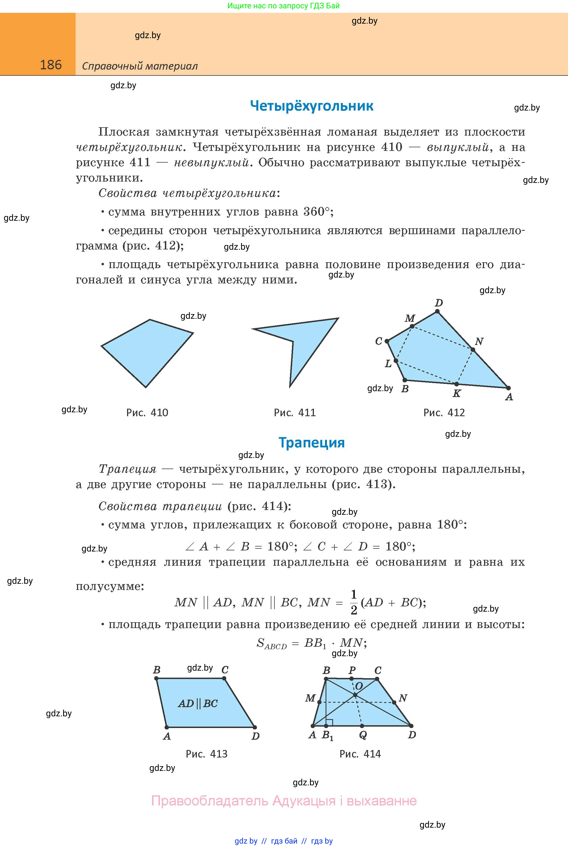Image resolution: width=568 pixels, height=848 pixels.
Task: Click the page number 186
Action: [x=51, y=65]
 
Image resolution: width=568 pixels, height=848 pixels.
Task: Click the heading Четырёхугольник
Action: [x=312, y=106]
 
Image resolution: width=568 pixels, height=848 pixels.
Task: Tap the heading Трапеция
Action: [x=312, y=443]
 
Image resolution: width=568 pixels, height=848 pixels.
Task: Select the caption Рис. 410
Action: [x=147, y=413]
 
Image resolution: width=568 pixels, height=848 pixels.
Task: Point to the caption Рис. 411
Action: [x=294, y=413]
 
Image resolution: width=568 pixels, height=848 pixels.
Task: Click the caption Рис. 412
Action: [x=444, y=413]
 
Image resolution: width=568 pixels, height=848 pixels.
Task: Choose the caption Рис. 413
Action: [x=207, y=754]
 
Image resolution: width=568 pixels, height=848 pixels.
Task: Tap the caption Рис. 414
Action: [x=360, y=754]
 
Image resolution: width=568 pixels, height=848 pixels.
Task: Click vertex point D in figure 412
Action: [x=438, y=312]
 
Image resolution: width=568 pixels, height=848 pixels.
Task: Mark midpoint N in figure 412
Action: [x=473, y=350]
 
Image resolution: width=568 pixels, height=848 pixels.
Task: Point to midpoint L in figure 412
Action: [x=396, y=361]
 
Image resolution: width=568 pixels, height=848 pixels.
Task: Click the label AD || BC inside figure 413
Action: [x=198, y=704]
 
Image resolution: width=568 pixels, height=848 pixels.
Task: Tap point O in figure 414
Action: [x=355, y=695]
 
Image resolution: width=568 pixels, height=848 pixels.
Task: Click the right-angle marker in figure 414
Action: [x=329, y=722]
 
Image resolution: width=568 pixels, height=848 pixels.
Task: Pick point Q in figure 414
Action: [x=362, y=726]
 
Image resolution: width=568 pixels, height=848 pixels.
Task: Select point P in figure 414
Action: [x=351, y=678]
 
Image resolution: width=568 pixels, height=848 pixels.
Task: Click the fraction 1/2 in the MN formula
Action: [x=354, y=602]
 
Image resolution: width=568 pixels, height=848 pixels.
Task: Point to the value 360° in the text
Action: [x=317, y=212]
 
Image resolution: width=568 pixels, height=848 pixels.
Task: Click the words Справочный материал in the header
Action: [x=140, y=66]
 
